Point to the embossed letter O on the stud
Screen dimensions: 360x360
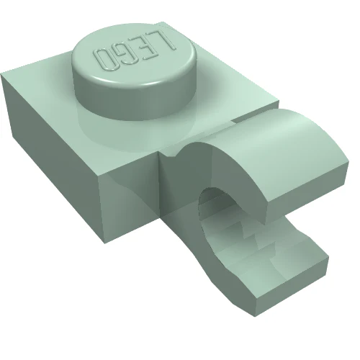click(x=104, y=60)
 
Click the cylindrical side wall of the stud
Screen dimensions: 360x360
click(x=135, y=101)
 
